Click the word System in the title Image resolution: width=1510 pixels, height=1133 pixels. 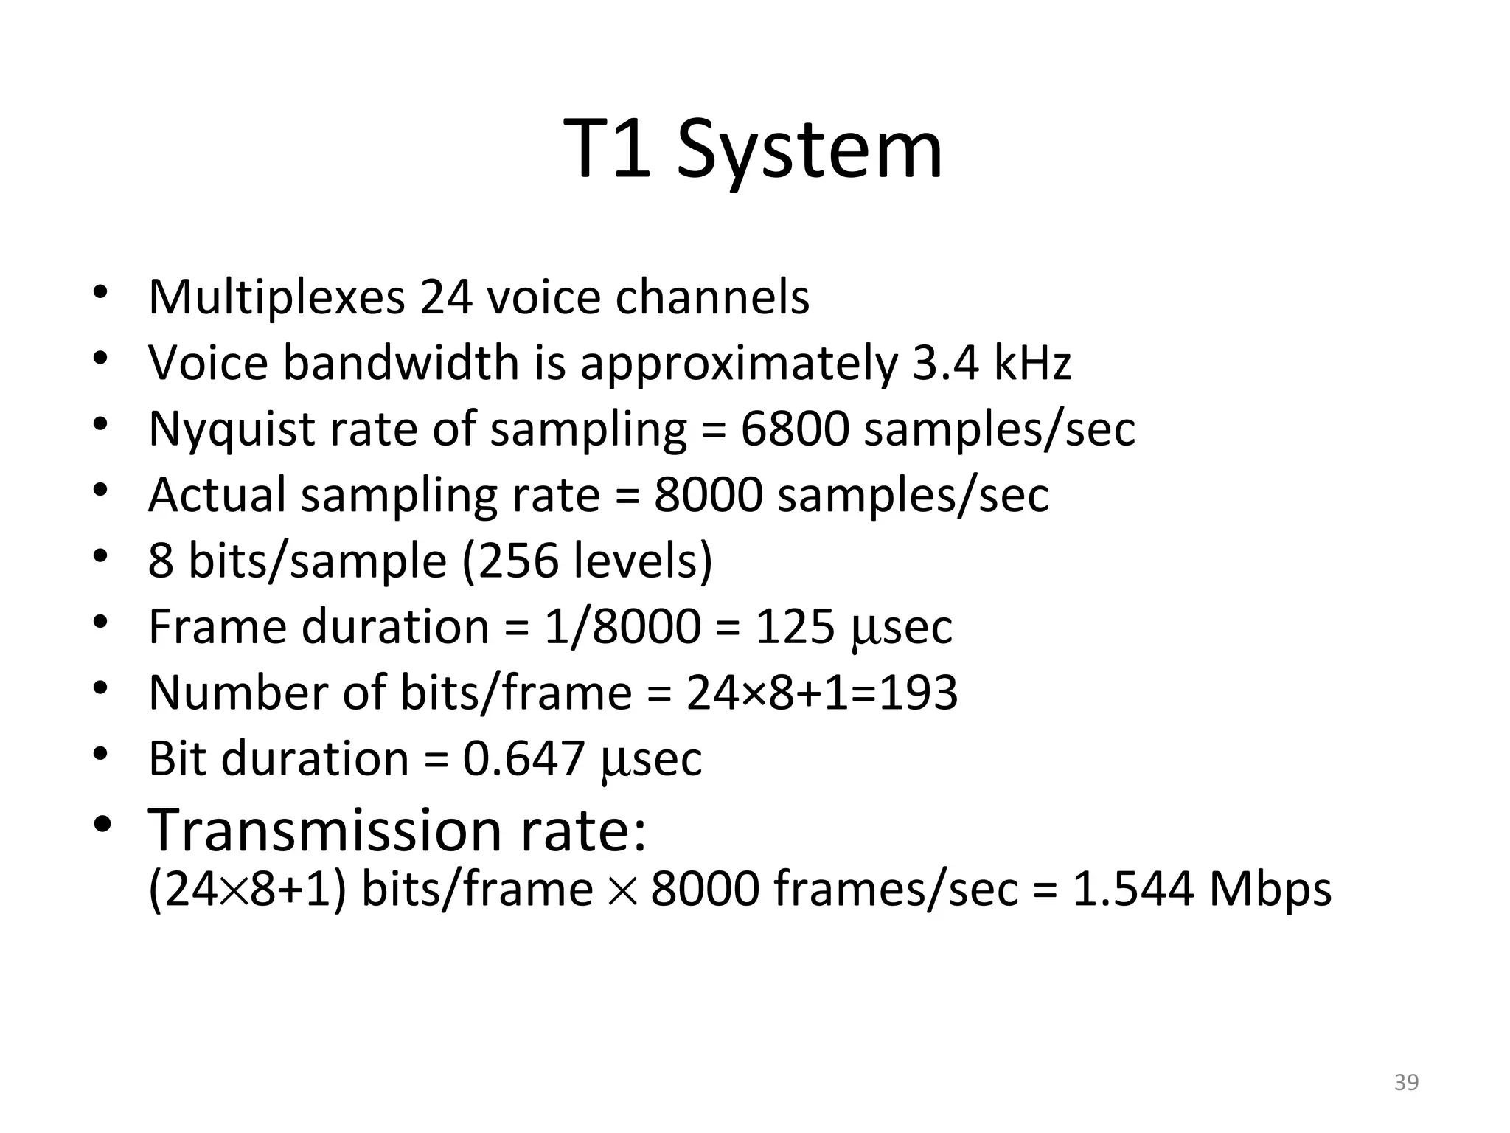point(810,151)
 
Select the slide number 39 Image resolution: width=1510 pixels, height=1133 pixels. point(1406,1083)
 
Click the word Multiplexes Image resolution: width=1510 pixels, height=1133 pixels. point(276,297)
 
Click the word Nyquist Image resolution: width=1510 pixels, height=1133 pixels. point(232,429)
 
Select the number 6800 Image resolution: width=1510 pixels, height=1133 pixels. point(795,429)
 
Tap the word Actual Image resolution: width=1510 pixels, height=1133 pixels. point(217,495)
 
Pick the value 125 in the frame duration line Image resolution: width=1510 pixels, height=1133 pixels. point(795,627)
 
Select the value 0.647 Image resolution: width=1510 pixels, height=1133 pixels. point(523,758)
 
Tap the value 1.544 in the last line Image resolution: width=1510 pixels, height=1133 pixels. point(1132,890)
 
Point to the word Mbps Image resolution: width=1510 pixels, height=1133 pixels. point(1270,890)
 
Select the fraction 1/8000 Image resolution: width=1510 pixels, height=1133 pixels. point(623,627)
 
